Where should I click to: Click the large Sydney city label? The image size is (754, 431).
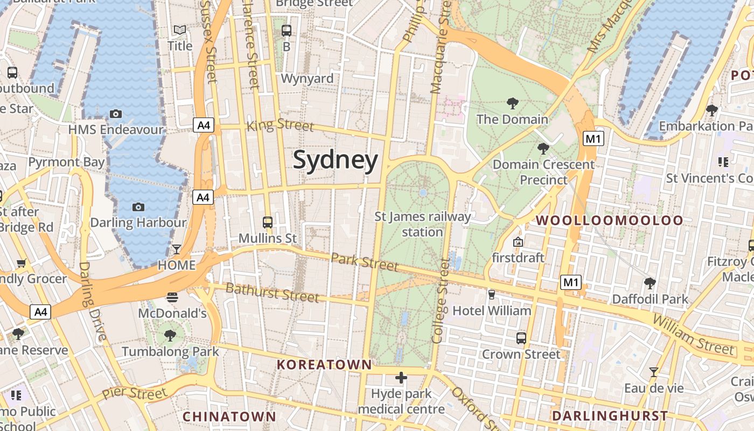coord(335,161)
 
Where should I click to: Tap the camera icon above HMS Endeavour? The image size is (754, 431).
coord(115,114)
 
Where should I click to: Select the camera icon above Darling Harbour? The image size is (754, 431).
coord(138,207)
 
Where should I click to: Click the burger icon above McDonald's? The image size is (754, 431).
coord(172,297)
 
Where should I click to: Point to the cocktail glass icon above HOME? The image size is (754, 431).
coord(176,249)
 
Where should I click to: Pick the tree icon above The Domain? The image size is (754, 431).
coord(512,103)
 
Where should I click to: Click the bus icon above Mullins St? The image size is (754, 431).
coord(267,222)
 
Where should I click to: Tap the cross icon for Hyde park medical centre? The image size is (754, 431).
coord(401,377)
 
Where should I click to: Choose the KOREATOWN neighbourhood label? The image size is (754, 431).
coord(324,365)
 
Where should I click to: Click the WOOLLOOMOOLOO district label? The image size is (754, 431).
coord(609,220)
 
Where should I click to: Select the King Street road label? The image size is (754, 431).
coord(280,126)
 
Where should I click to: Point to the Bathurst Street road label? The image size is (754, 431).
coord(272,293)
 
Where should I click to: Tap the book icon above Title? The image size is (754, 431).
coord(179,30)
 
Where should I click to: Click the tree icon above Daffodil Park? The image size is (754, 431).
coord(650,283)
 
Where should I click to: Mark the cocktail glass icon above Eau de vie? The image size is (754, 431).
coord(653,372)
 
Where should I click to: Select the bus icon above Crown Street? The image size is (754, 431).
coord(521,338)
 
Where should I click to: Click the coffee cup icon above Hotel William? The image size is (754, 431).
coord(491,294)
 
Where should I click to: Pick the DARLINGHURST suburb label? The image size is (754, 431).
coord(610,416)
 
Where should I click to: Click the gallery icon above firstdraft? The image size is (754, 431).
coord(518,242)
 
